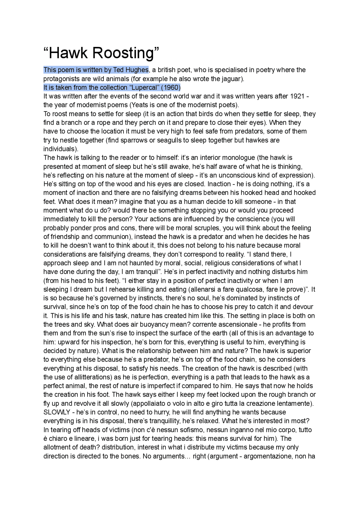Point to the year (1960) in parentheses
[x=171, y=87]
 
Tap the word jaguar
[x=231, y=79]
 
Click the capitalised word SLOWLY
[x=57, y=412]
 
